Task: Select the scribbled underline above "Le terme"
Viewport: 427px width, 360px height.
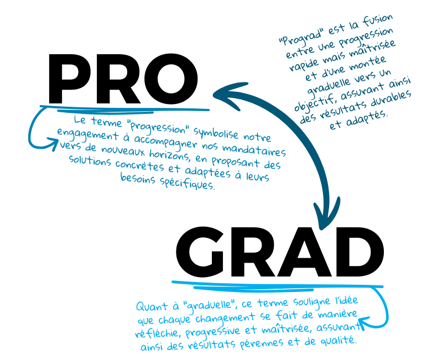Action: [127, 108]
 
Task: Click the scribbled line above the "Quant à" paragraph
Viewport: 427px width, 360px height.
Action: [277, 285]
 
